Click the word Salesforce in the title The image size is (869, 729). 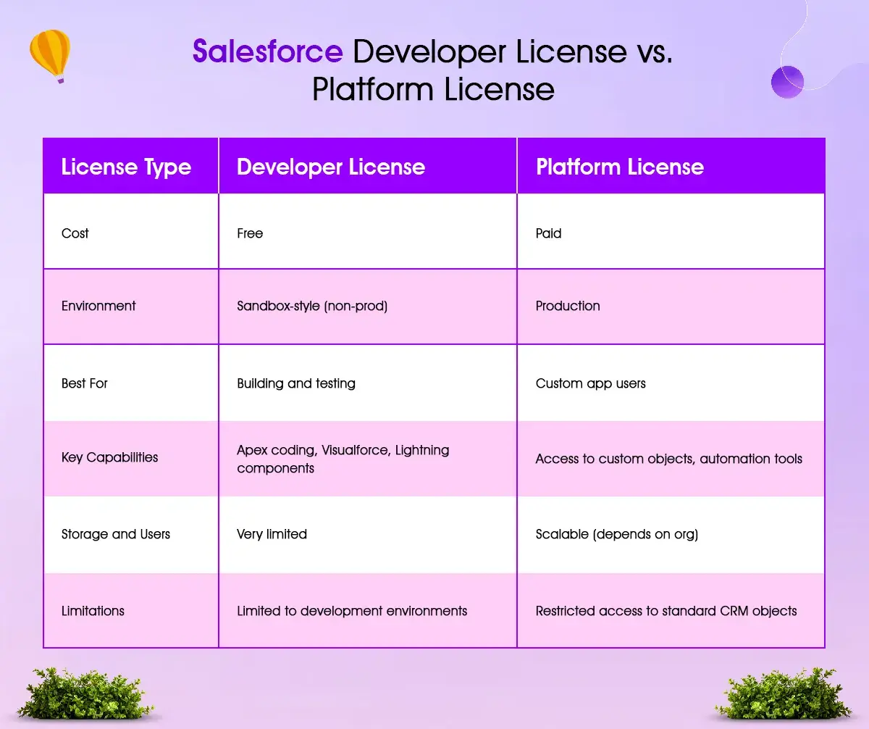[x=267, y=52]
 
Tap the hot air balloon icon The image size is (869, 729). [x=49, y=54]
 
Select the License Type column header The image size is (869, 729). [x=126, y=167]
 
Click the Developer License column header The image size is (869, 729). [x=330, y=167]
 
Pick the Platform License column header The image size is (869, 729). [x=619, y=167]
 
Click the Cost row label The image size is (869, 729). [x=75, y=233]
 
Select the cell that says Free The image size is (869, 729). [x=250, y=233]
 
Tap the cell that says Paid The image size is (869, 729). [x=548, y=233]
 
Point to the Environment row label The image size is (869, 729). [x=98, y=306]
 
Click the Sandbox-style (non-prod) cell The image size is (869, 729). [x=312, y=306]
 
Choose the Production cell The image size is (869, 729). [x=568, y=306]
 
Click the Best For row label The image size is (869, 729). [x=84, y=383]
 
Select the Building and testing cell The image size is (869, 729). [x=296, y=383]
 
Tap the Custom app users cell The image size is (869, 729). [x=590, y=383]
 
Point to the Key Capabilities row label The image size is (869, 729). [x=109, y=457]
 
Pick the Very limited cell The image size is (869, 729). [x=272, y=534]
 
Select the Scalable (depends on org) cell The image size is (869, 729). [x=616, y=534]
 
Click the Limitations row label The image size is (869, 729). [x=93, y=611]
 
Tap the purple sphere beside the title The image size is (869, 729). [x=787, y=82]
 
